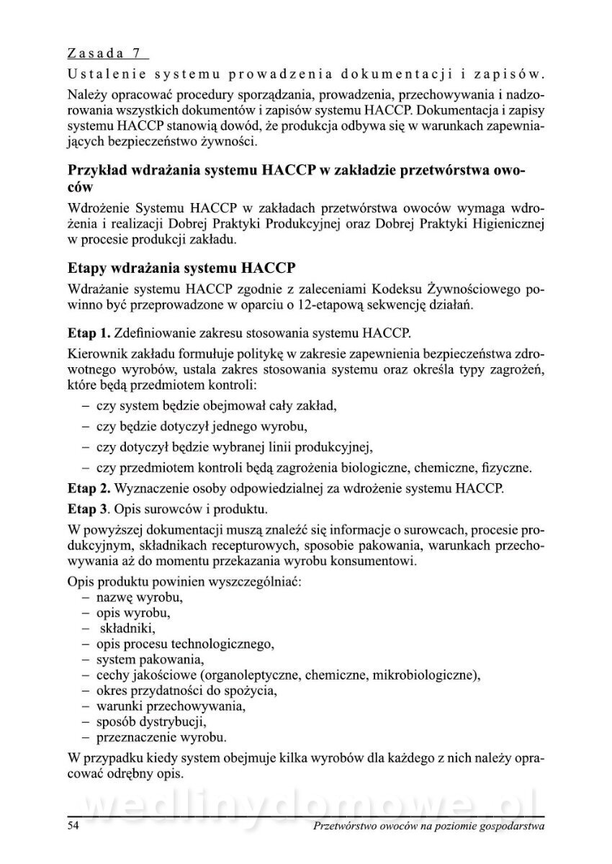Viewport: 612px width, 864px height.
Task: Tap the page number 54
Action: [x=73, y=827]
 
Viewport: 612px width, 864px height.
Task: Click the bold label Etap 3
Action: [x=88, y=510]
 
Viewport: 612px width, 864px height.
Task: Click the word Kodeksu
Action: [x=395, y=290]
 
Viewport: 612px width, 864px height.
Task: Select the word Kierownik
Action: [x=96, y=355]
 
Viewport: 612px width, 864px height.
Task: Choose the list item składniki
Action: [x=127, y=629]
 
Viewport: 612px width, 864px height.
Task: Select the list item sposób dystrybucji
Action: [x=152, y=721]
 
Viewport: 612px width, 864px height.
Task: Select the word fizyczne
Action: [x=506, y=468]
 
